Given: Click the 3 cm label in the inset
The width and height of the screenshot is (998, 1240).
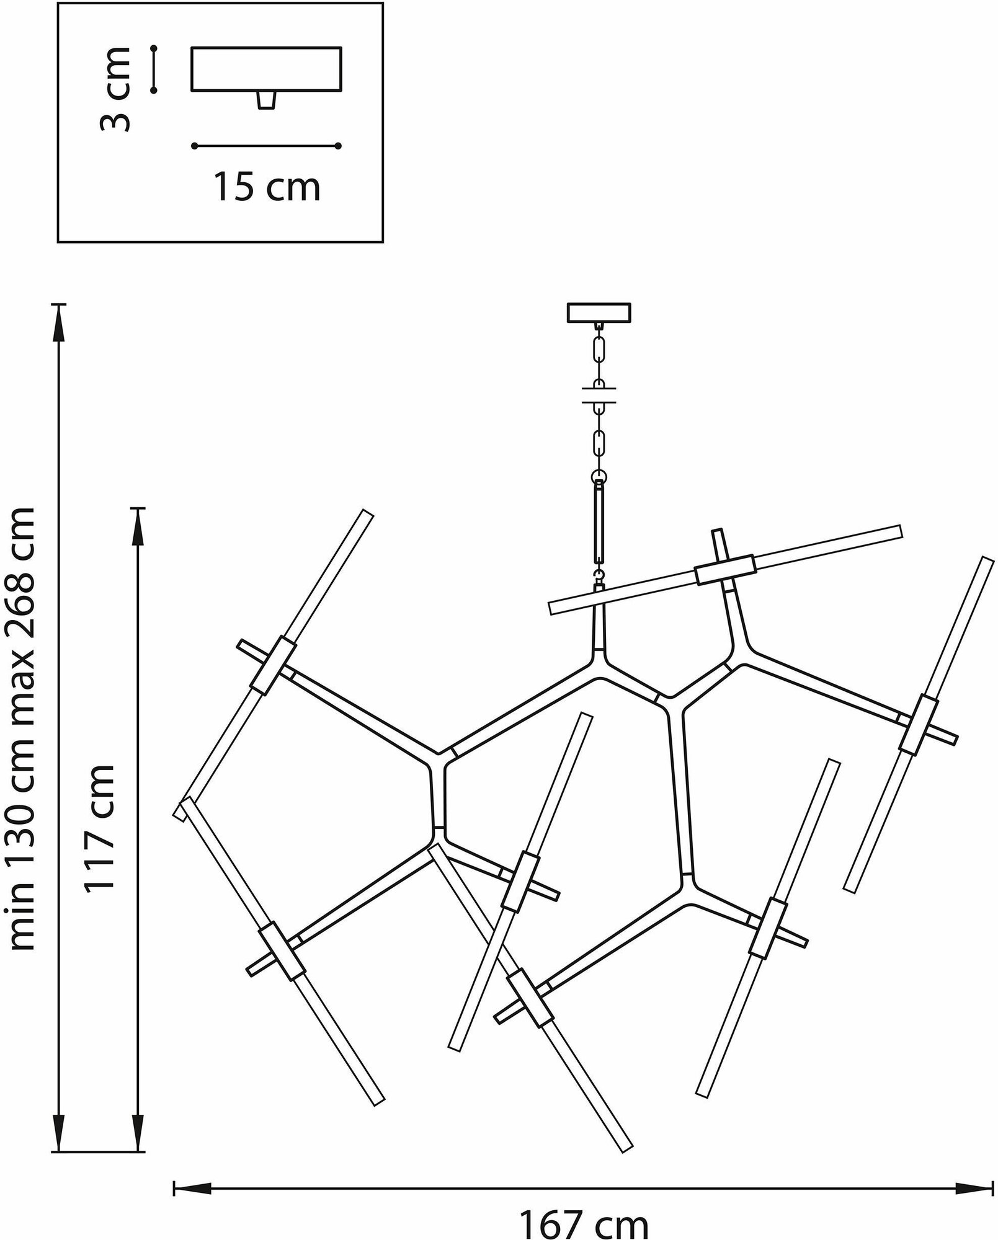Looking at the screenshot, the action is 116,90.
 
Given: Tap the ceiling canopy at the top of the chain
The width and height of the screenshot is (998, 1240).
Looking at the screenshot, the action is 599,312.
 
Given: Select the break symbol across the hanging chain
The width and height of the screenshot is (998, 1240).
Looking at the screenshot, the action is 599,394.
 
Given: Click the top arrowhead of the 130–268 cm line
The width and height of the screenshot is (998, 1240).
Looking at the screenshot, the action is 59,322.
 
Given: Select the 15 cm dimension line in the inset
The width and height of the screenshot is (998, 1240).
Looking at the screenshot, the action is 267,146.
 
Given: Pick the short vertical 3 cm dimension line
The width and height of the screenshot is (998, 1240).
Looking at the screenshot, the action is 153,69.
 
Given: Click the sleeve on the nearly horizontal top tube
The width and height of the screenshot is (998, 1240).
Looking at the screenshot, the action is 724,571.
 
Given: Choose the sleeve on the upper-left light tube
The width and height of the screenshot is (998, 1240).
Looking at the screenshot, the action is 273,663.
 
